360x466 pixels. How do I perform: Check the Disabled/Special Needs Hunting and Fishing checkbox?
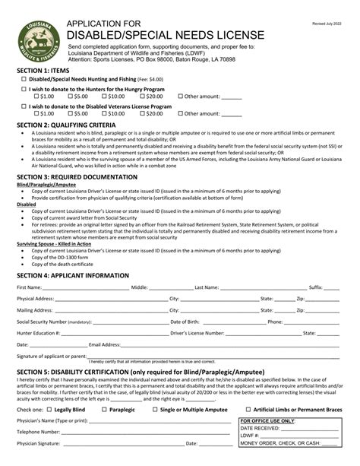click(24, 78)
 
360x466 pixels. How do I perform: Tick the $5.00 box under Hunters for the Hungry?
click(70, 97)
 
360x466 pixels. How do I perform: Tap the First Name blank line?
click(85, 288)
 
